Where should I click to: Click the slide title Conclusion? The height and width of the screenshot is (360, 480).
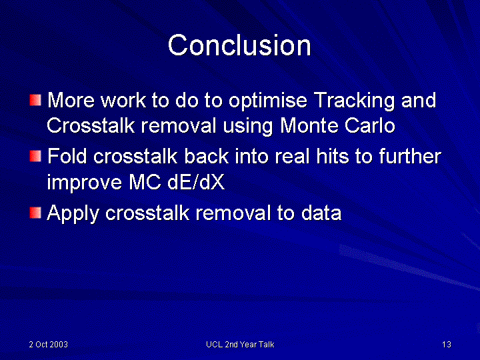[239, 45]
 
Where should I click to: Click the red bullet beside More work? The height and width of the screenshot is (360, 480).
[35, 100]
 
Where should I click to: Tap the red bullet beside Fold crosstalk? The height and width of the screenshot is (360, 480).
[35, 156]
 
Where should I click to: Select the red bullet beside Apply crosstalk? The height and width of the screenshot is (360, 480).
[35, 213]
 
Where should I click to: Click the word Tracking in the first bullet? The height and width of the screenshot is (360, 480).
[354, 101]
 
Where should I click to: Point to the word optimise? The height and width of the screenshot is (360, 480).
[268, 101]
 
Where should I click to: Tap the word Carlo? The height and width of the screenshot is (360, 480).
[370, 125]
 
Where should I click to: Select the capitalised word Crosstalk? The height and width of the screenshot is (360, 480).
[91, 125]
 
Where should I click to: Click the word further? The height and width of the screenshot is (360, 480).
[410, 156]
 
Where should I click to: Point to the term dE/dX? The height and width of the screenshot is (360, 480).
[196, 183]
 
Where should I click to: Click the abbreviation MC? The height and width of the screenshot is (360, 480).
[145, 183]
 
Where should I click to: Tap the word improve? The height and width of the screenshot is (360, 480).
[84, 183]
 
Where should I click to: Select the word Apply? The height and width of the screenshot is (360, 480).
[73, 213]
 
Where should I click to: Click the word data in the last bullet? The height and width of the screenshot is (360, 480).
[321, 213]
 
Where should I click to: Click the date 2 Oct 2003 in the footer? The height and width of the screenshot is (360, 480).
[49, 345]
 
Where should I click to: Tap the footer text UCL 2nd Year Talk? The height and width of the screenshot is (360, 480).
[240, 345]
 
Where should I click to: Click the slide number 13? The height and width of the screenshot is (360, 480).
[447, 345]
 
